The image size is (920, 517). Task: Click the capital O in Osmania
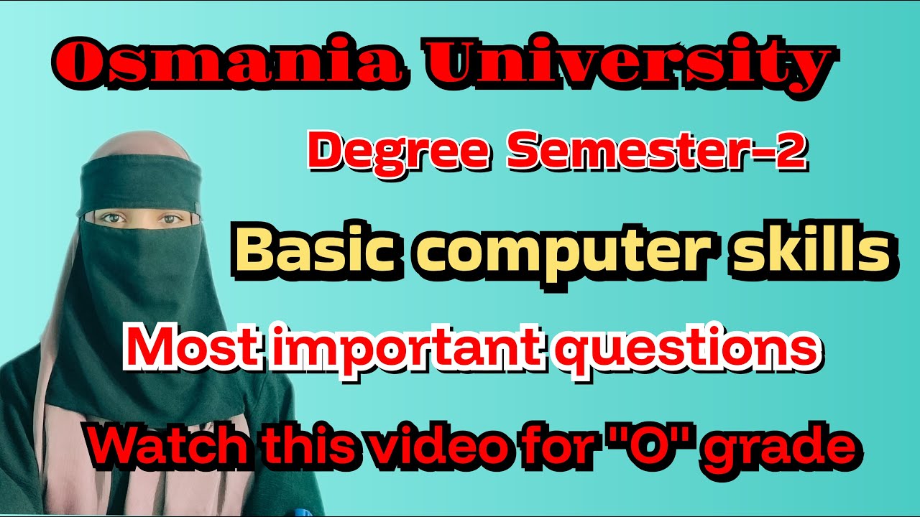(76, 65)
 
